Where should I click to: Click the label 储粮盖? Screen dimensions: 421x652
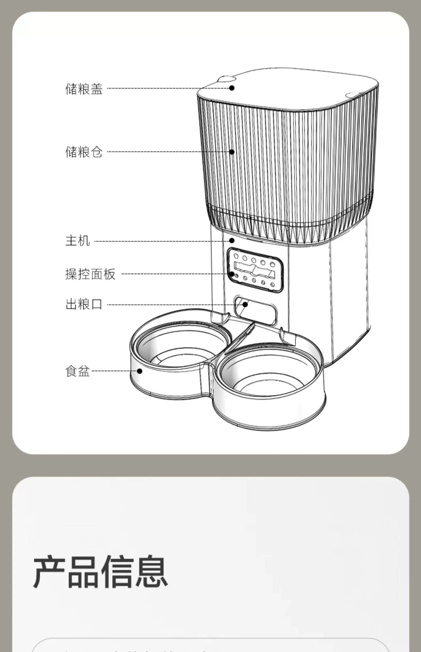(84, 88)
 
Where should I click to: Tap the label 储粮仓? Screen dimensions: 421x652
(84, 152)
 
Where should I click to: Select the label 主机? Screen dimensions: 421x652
(77, 241)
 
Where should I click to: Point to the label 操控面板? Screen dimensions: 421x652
(90, 274)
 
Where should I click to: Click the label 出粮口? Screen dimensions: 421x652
(84, 304)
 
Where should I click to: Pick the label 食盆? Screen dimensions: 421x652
(77, 371)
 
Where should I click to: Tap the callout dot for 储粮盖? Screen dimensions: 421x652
(232, 88)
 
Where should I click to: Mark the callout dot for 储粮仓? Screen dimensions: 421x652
(232, 152)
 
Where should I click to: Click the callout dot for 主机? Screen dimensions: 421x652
(232, 240)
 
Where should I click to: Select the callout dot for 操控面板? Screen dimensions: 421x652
(232, 274)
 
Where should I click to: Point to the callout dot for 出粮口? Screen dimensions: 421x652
(245, 304)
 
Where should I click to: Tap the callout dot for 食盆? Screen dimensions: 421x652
(139, 371)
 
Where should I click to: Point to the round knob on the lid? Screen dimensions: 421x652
(226, 79)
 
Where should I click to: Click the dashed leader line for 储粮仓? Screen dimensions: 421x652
(168, 152)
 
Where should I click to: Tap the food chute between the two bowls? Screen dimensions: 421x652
(240, 336)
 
